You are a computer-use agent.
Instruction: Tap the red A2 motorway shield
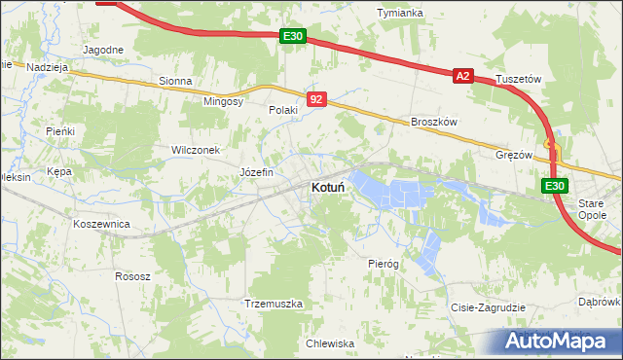(461, 75)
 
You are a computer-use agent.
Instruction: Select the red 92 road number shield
(315, 99)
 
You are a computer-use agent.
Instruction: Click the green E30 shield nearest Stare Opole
(553, 186)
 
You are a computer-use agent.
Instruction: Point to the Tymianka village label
(399, 13)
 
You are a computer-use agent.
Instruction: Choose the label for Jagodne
(103, 50)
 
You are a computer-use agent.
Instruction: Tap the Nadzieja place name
(47, 67)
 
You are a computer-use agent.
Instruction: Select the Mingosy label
(221, 100)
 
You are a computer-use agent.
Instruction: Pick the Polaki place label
(282, 110)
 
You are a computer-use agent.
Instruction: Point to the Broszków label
(433, 122)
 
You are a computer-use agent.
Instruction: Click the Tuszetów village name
(518, 79)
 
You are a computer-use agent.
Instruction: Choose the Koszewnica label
(101, 223)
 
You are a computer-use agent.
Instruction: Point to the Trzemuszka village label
(274, 304)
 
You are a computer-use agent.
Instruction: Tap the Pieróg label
(383, 264)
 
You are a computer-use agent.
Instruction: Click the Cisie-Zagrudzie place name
(487, 307)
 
